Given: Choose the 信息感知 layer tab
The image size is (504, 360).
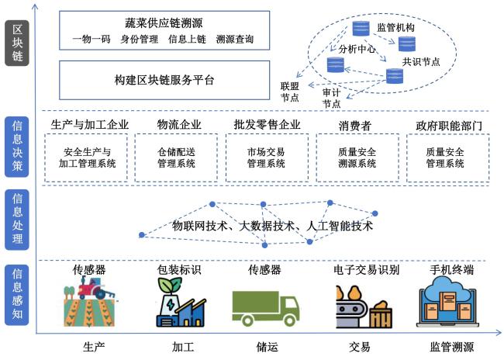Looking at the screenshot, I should tap(16, 294).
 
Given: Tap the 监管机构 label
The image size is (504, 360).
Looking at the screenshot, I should tap(395, 27).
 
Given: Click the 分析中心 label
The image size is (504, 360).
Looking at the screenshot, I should tap(357, 48).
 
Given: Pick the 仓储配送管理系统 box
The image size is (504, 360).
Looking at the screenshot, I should tap(177, 157).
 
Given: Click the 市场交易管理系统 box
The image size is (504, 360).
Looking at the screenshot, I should tap(267, 157).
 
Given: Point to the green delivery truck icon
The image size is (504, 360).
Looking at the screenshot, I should tap(265, 305).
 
